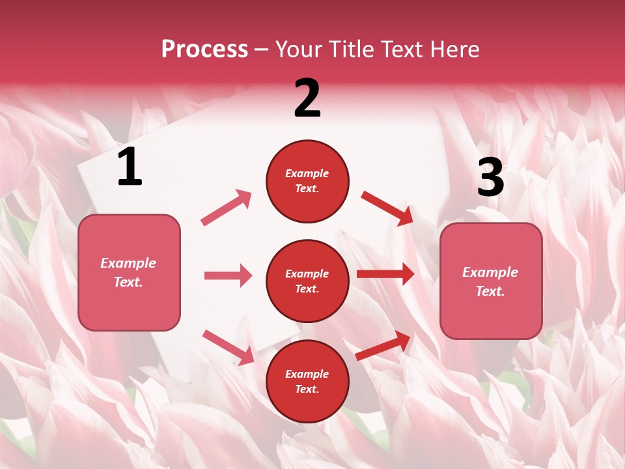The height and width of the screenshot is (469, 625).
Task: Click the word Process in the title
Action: point(204,50)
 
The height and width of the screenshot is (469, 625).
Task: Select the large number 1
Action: point(130,167)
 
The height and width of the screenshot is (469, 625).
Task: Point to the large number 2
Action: point(307,98)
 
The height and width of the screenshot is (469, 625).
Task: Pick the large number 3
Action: point(490,178)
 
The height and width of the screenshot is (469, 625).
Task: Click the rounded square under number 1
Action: point(129,272)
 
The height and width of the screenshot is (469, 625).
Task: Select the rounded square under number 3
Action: point(491,281)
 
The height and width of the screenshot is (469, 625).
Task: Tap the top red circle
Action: point(307,181)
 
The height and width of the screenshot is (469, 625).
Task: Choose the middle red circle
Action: point(307,281)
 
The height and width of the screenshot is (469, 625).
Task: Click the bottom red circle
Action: point(307,382)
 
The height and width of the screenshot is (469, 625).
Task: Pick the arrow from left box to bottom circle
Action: point(228,347)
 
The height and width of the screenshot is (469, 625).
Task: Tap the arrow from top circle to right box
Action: point(387,208)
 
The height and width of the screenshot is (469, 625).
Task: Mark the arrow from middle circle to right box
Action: point(385,274)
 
